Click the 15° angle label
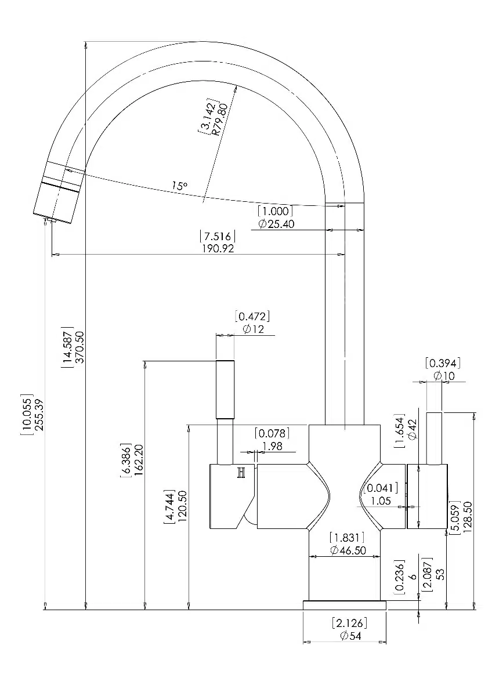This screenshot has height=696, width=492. pyautogui.click(x=180, y=186)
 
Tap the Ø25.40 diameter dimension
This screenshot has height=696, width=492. pyautogui.click(x=276, y=224)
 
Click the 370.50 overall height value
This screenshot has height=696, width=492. pyautogui.click(x=80, y=347)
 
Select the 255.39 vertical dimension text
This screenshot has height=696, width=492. pyautogui.click(x=39, y=414)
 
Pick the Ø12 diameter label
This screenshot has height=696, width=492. pyautogui.click(x=254, y=329)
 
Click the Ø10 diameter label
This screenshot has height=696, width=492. pyautogui.click(x=444, y=376)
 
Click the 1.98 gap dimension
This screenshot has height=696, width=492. pyautogui.click(x=272, y=446)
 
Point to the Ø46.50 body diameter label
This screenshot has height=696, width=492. pyautogui.click(x=348, y=550)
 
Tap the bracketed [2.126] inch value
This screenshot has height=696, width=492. pyautogui.click(x=349, y=623)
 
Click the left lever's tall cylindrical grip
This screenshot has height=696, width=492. pyautogui.click(x=225, y=389)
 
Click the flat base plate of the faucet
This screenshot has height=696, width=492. pyautogui.click(x=345, y=605)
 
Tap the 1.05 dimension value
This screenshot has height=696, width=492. pyautogui.click(x=381, y=501)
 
